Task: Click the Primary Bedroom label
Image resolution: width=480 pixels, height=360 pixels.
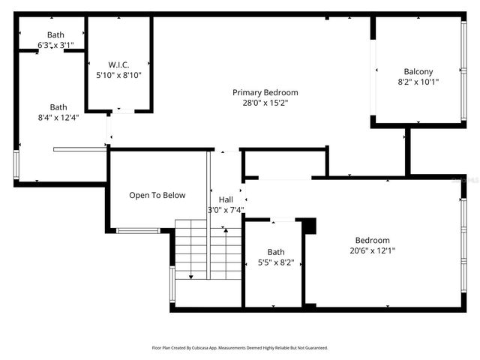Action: [265, 92]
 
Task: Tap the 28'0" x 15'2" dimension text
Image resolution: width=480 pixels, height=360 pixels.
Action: [265, 103]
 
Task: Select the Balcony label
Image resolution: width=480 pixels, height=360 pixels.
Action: [418, 72]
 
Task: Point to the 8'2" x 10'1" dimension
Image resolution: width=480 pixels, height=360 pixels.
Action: [418, 82]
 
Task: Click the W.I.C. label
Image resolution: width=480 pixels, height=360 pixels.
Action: [118, 64]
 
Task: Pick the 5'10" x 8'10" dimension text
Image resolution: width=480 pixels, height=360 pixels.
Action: [118, 75]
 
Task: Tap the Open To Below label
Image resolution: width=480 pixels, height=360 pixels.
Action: [157, 196]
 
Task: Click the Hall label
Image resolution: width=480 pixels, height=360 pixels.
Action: [226, 199]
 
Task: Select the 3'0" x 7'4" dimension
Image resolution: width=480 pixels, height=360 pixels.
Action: [225, 210]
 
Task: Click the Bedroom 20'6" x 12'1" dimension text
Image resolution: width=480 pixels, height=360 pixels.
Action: [372, 250]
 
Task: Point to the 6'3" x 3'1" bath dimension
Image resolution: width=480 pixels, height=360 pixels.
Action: [55, 46]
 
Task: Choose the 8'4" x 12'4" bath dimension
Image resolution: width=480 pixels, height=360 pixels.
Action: [58, 117]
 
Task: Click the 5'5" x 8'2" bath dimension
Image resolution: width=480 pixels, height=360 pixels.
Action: [275, 262]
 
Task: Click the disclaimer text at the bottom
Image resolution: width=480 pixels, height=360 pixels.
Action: [240, 348]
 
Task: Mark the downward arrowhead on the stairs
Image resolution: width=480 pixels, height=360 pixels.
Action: [190, 277]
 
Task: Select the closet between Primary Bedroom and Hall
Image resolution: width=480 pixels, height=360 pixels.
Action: [283, 162]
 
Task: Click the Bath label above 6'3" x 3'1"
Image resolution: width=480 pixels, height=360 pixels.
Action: [55, 34]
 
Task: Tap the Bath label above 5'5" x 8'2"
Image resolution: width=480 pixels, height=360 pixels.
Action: [275, 252]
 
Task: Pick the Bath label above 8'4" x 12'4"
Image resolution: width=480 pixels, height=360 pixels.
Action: [58, 106]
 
